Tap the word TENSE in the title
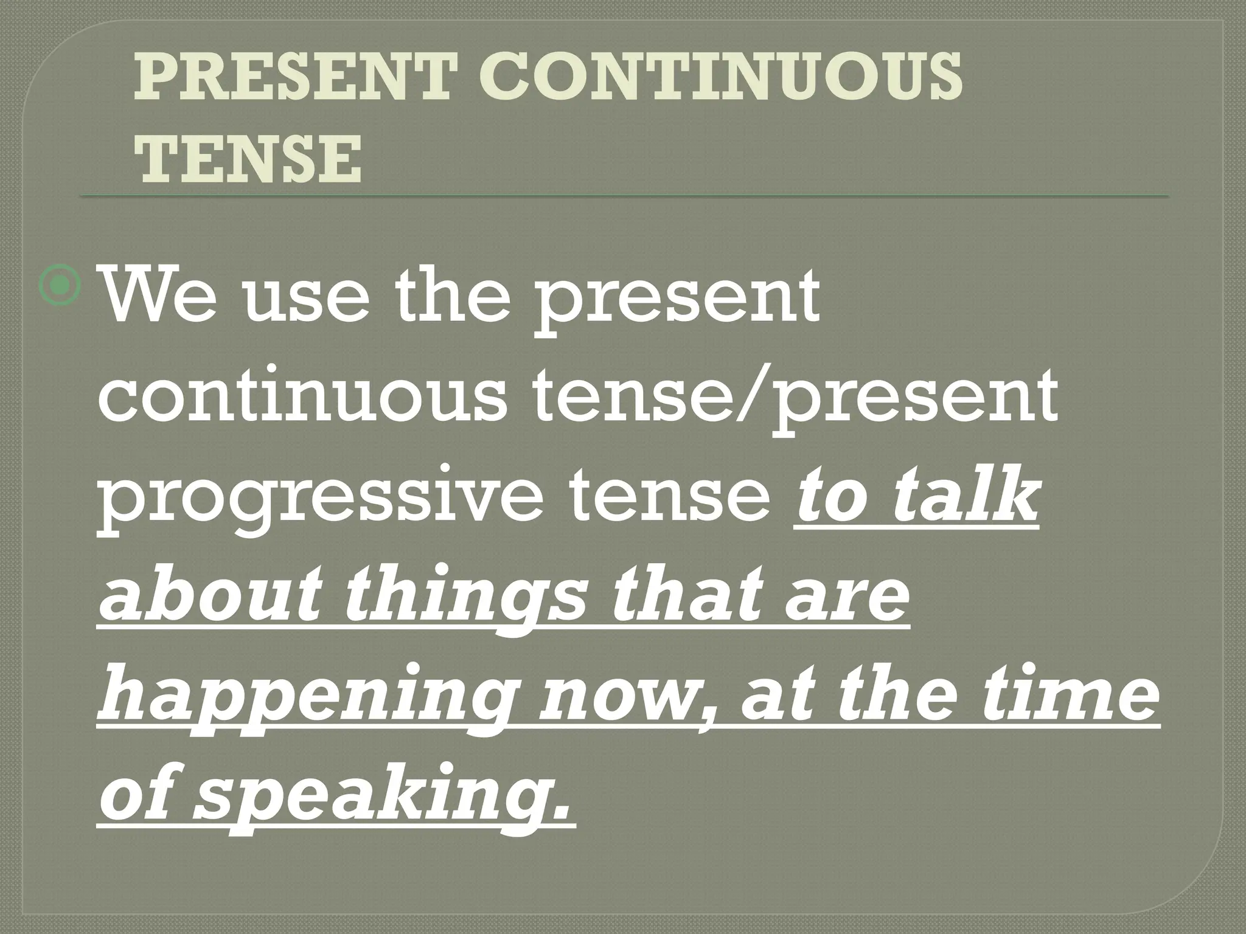(248, 159)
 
